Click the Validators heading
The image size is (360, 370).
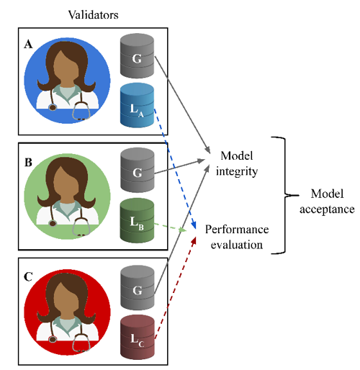tap(93, 15)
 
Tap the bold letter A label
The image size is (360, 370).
tap(28, 45)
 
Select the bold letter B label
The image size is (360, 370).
tap(28, 163)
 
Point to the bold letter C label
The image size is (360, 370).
tap(28, 277)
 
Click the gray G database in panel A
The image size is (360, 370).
tap(137, 56)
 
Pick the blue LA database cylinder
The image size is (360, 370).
tap(137, 105)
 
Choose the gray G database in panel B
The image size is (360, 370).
tap(138, 170)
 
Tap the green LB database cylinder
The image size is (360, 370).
tap(137, 220)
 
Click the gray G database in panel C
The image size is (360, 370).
tap(138, 288)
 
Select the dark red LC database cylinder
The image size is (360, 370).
tap(138, 337)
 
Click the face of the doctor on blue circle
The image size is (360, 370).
tap(66, 67)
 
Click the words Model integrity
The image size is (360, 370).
tap(237, 163)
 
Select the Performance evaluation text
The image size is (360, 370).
tap(237, 237)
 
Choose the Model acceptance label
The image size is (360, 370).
tap(327, 202)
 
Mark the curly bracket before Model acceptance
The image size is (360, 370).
tap(285, 195)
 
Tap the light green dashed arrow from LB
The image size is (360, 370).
tap(170, 227)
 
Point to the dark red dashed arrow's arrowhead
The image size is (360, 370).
tap(194, 241)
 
